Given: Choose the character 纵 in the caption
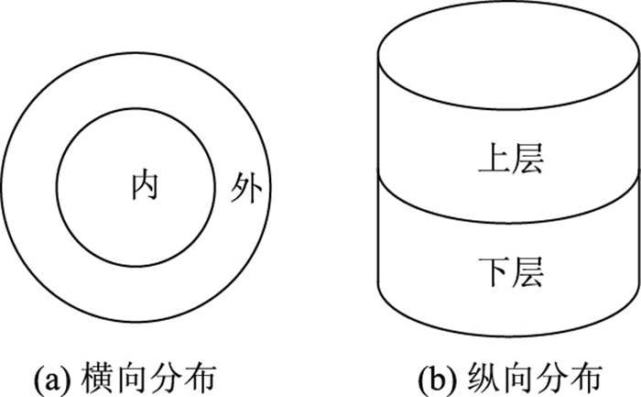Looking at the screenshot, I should tap(478, 375).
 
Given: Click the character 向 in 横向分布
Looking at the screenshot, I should tap(130, 375).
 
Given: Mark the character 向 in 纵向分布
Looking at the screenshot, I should tap(515, 375).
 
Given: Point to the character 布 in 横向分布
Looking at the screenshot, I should tap(202, 375).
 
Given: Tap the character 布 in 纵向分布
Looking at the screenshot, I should tap(587, 375).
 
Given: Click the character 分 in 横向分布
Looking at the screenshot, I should tap(167, 375).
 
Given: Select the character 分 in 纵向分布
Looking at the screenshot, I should tap(551, 375).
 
